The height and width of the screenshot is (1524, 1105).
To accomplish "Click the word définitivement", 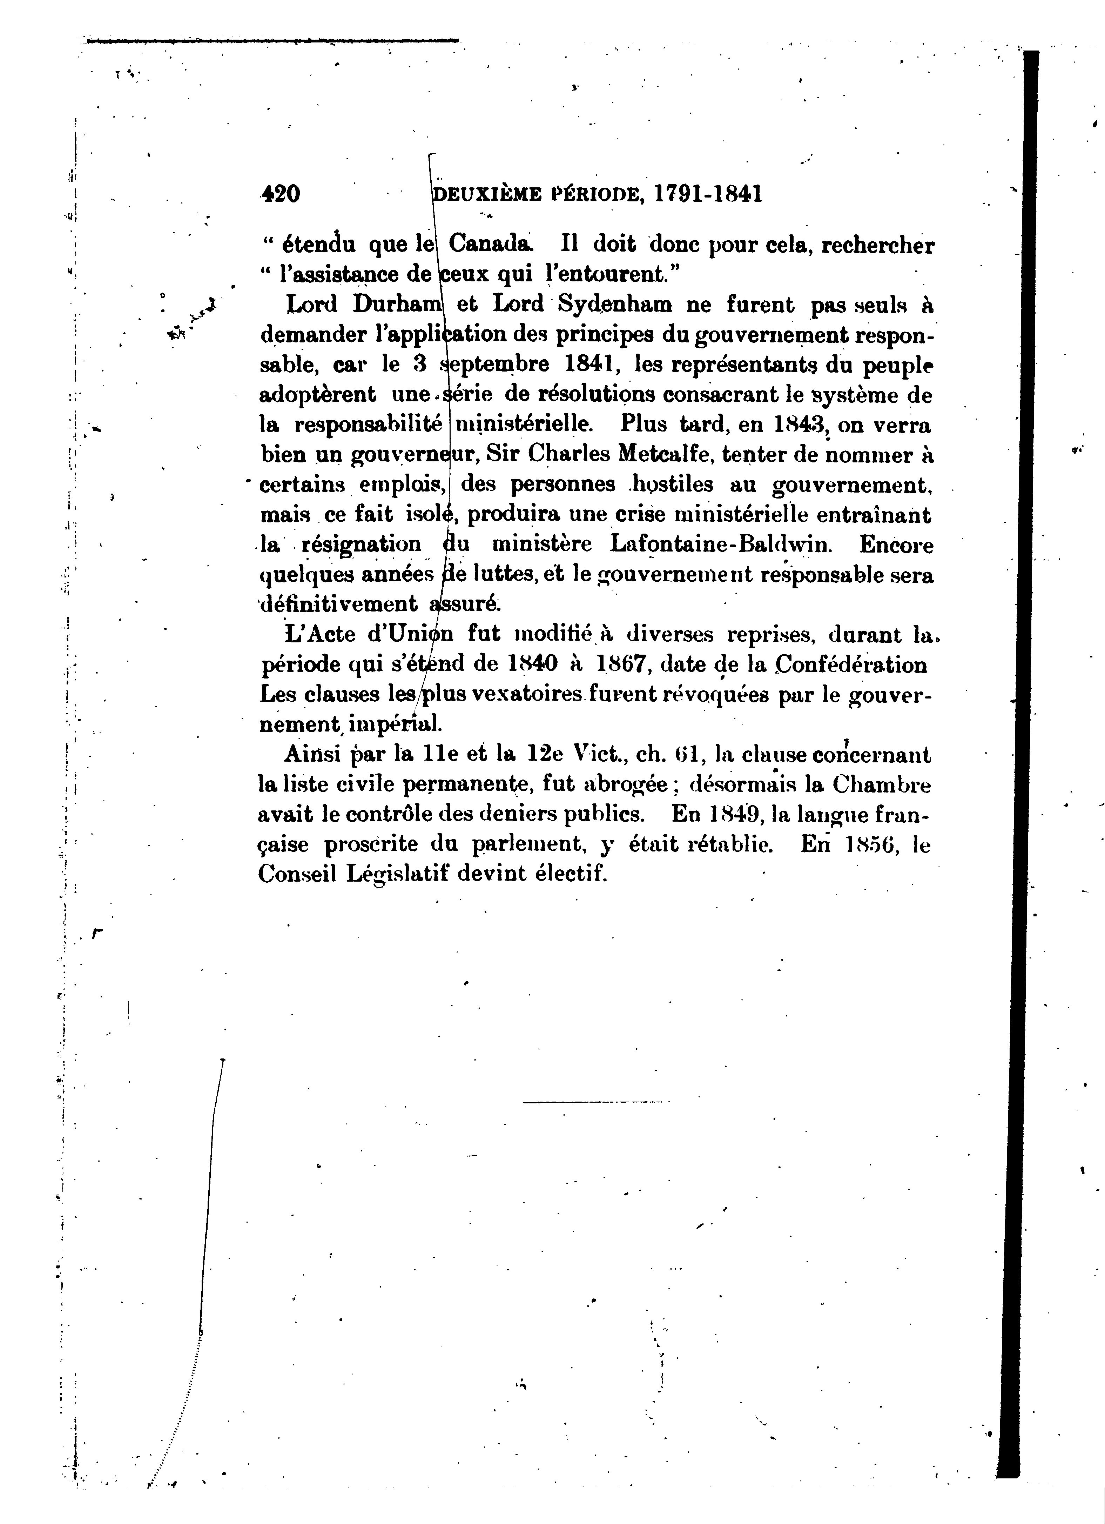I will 338,604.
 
